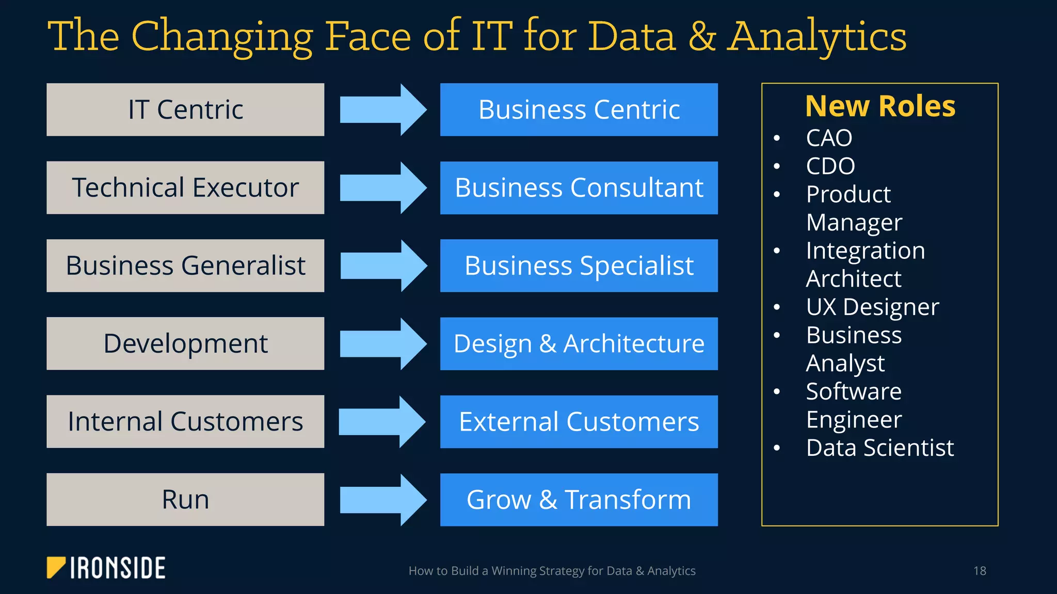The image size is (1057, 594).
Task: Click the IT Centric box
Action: click(185, 110)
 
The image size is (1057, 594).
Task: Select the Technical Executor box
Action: click(185, 188)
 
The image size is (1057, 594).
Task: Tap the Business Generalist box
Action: click(185, 266)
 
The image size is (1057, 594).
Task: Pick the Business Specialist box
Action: click(579, 266)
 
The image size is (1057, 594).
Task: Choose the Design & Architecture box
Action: click(579, 343)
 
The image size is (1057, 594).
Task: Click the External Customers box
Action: click(579, 422)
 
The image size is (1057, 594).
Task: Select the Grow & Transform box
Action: click(579, 500)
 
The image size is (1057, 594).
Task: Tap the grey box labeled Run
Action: click(185, 500)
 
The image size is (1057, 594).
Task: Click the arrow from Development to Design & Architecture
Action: click(383, 343)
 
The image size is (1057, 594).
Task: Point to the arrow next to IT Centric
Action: click(383, 110)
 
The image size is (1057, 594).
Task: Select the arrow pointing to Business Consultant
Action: click(383, 188)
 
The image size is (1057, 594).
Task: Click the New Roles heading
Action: click(880, 106)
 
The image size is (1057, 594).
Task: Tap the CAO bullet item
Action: click(829, 138)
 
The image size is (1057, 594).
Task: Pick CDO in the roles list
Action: click(830, 166)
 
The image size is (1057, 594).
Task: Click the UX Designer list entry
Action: click(872, 307)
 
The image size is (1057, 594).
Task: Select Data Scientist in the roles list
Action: click(880, 448)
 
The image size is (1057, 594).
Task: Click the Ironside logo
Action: click(106, 568)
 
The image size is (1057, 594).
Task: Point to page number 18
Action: click(980, 571)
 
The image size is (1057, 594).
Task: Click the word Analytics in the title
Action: click(816, 37)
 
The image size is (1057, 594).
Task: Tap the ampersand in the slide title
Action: click(701, 37)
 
